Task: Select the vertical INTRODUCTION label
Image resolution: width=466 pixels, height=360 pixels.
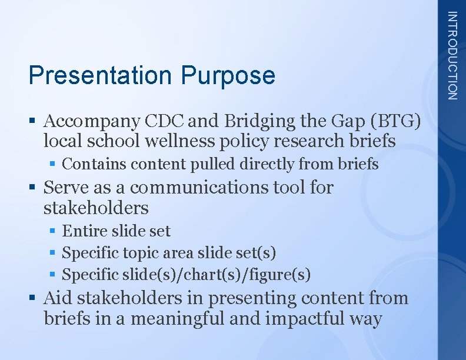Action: (x=451, y=55)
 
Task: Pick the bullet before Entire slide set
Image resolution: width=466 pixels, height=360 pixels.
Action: (x=53, y=231)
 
